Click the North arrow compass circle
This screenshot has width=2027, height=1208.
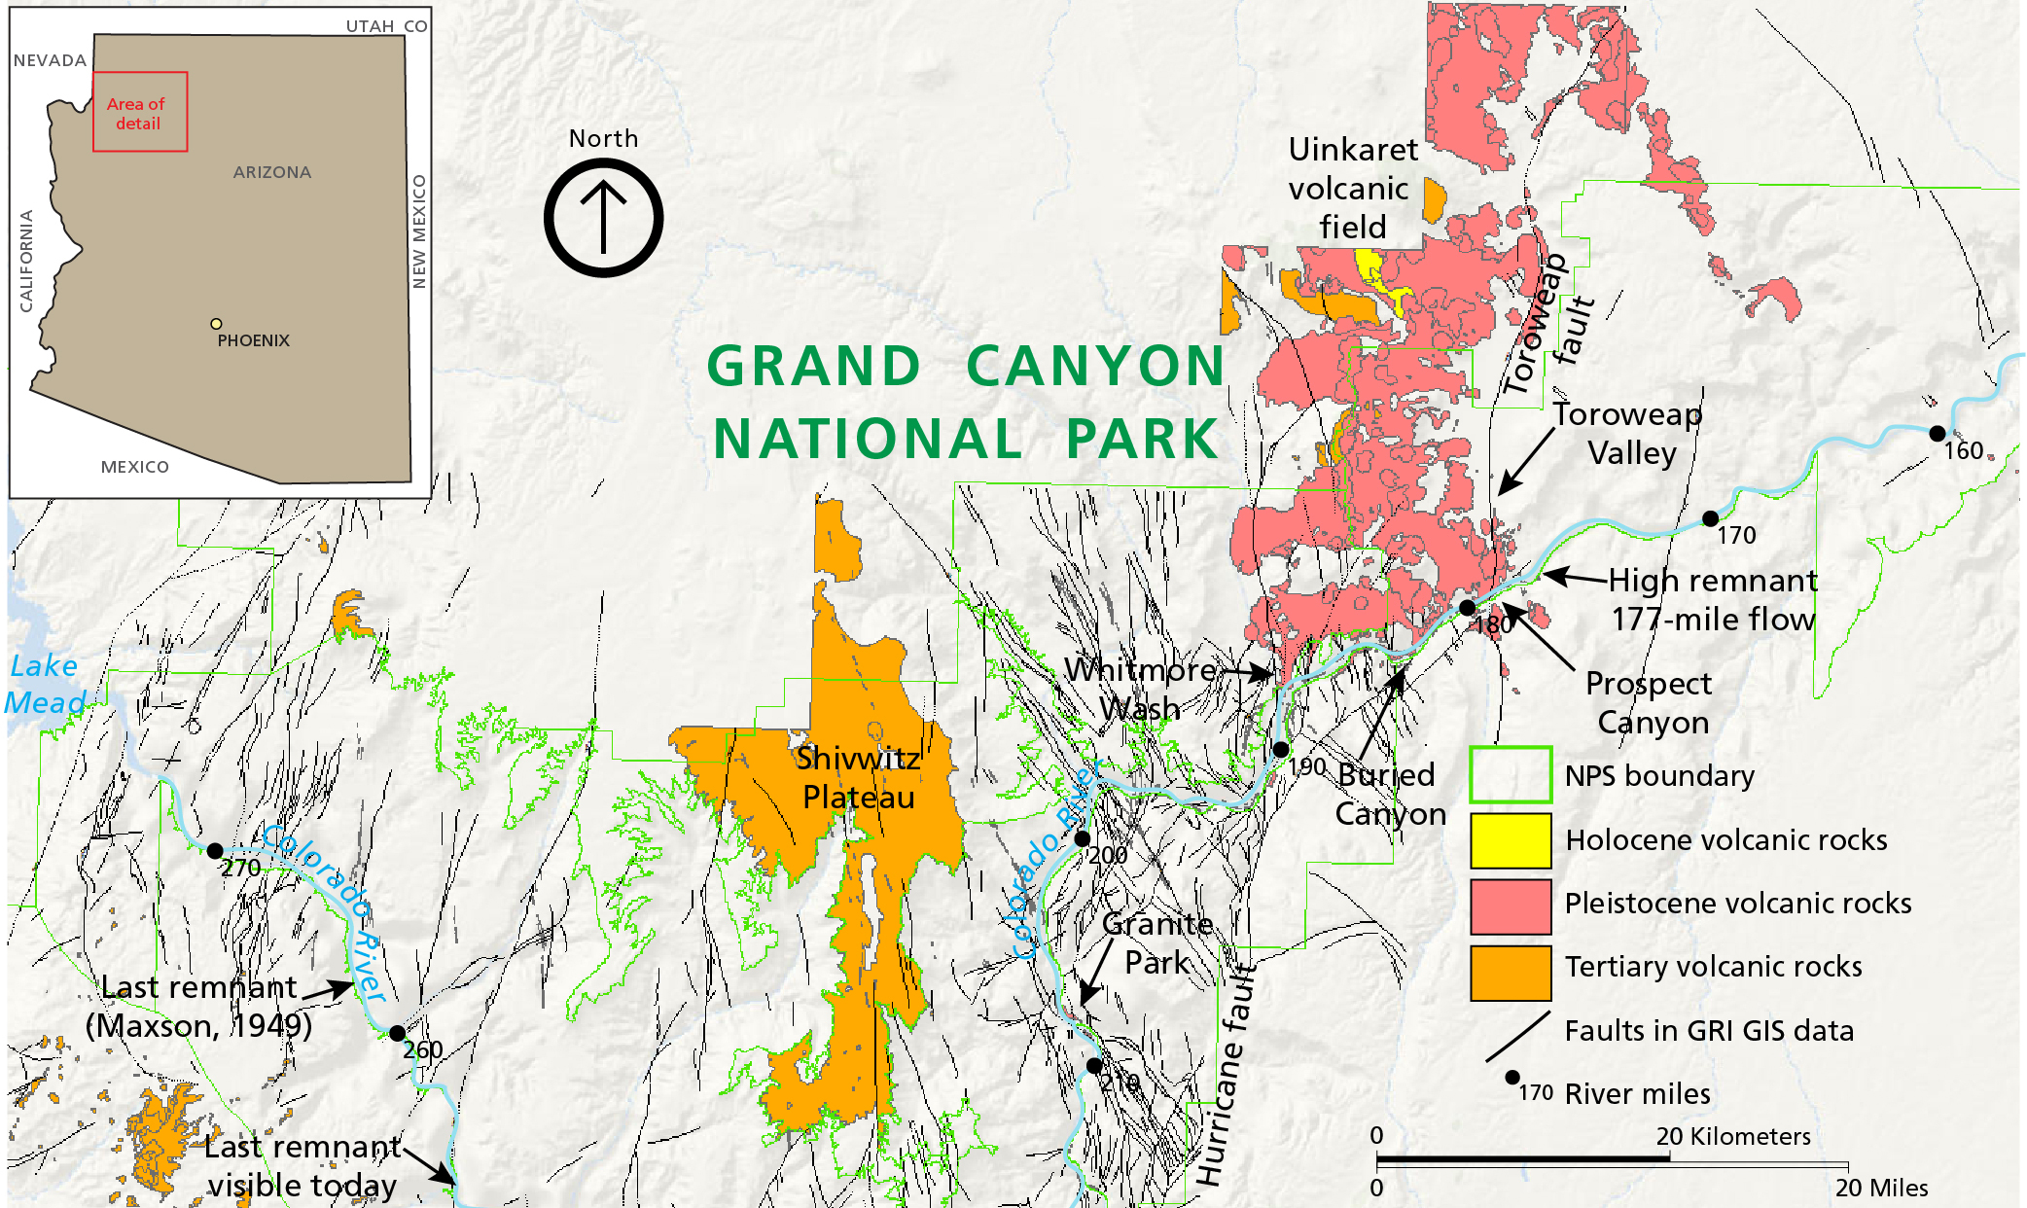603,218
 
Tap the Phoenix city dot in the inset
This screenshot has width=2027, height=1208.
216,324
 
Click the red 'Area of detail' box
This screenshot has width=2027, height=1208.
140,112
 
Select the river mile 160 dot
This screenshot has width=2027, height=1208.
1937,433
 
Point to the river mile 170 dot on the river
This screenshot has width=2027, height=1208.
1710,518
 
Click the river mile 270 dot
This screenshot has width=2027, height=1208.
215,850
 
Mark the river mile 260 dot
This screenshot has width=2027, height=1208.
397,1033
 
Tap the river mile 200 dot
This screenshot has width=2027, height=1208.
1082,838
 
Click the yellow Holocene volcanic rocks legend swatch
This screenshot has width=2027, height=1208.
1510,840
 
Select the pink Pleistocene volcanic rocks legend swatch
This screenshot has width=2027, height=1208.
1510,905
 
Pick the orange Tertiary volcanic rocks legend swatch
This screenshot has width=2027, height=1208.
1510,971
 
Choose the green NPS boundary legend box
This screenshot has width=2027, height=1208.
1510,774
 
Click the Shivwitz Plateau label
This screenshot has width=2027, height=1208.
858,777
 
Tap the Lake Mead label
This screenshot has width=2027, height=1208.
45,684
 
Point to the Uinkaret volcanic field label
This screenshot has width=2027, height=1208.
1352,188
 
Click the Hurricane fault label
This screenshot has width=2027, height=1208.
1227,1075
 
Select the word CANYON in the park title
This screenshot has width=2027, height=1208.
1095,367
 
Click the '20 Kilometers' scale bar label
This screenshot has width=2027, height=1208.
1732,1136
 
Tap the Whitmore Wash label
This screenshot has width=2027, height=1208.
1139,689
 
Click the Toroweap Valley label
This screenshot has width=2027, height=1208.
1629,434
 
